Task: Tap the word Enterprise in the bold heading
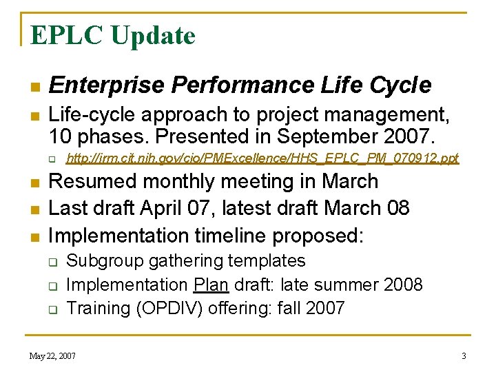pyautogui.click(x=107, y=85)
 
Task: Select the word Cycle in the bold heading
pyautogui.click(x=400, y=85)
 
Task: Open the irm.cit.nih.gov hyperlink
pyautogui.click(x=262, y=159)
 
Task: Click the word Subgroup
pyautogui.click(x=101, y=261)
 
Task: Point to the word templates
pyautogui.click(x=269, y=261)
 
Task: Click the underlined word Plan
pyautogui.click(x=206, y=285)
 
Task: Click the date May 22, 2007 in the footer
pyautogui.click(x=52, y=356)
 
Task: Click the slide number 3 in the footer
pyautogui.click(x=464, y=356)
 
